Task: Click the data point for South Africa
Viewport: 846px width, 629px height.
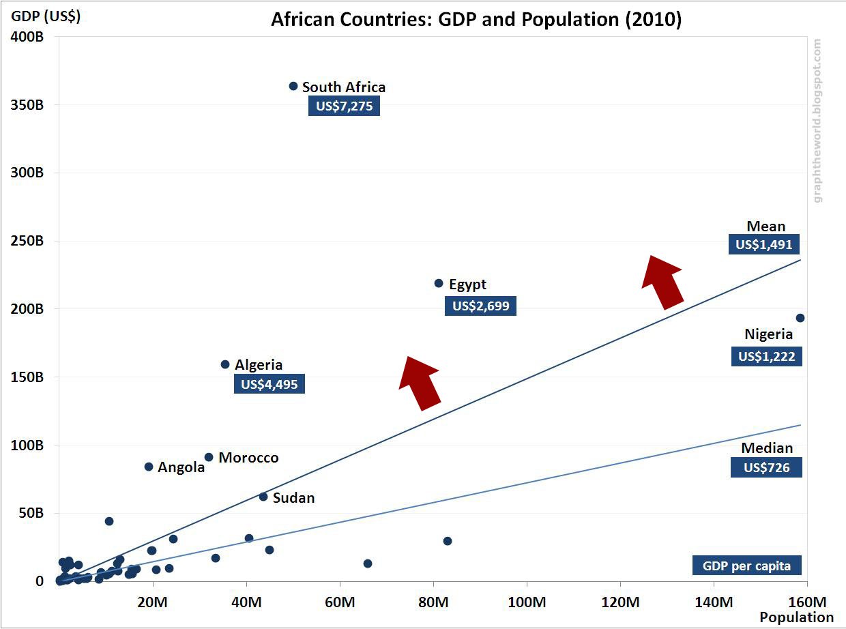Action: pyautogui.click(x=293, y=86)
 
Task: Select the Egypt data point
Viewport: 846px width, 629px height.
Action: pyautogui.click(x=439, y=283)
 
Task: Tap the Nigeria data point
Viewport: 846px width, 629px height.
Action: pyautogui.click(x=800, y=318)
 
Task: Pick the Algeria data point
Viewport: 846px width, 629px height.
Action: pyautogui.click(x=225, y=364)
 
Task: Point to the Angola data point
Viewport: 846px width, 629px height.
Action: pyautogui.click(x=149, y=467)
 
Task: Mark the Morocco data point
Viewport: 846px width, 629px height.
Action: pyautogui.click(x=209, y=457)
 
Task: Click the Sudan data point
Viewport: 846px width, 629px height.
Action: pyautogui.click(x=263, y=497)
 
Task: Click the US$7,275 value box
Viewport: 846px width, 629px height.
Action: pyautogui.click(x=343, y=106)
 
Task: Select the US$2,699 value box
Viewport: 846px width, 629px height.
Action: pyautogui.click(x=480, y=306)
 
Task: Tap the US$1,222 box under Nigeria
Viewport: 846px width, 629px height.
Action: pyautogui.click(x=766, y=356)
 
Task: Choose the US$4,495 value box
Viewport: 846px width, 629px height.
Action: pyautogui.click(x=269, y=383)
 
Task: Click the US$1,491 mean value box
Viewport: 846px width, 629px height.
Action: pyautogui.click(x=764, y=245)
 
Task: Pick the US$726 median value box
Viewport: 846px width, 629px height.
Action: pyautogui.click(x=766, y=467)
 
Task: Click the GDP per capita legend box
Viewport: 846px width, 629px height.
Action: pyautogui.click(x=746, y=566)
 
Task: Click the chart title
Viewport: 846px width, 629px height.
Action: pyautogui.click(x=476, y=20)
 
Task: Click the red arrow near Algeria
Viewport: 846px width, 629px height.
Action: pyautogui.click(x=419, y=383)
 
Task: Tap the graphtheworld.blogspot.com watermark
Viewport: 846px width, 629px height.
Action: pyautogui.click(x=818, y=120)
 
